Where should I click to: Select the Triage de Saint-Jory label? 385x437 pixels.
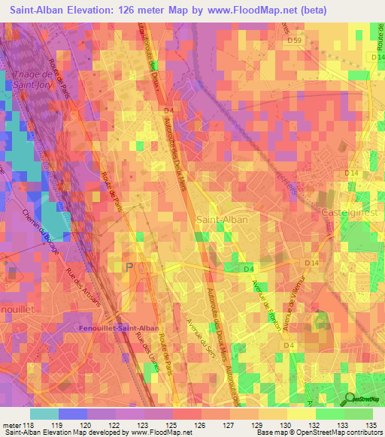point(32,80)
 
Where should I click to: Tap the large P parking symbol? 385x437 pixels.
point(130,267)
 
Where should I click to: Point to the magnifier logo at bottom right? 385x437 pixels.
point(351,399)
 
